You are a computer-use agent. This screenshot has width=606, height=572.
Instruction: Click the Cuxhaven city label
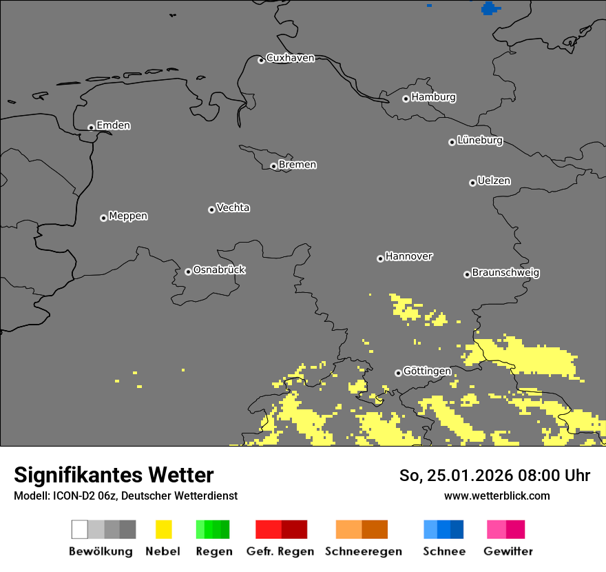pyautogui.click(x=290, y=58)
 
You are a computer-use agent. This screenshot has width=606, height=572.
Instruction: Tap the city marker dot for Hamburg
pyautogui.click(x=406, y=99)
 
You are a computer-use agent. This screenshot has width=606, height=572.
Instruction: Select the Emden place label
pyautogui.click(x=113, y=125)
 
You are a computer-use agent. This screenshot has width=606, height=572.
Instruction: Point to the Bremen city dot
pyautogui.click(x=273, y=166)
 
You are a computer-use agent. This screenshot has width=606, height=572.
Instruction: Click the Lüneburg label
pyautogui.click(x=480, y=141)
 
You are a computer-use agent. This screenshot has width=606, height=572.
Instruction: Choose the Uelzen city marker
pyautogui.click(x=472, y=183)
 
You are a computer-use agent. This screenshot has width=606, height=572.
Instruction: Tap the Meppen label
pyautogui.click(x=128, y=216)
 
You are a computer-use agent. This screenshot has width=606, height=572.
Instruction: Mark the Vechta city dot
pyautogui.click(x=211, y=210)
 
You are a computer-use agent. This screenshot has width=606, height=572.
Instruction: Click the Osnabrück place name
pyautogui.click(x=219, y=270)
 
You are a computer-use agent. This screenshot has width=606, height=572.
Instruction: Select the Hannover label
pyautogui.click(x=409, y=256)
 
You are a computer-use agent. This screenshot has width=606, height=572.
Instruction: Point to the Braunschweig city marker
pyautogui.click(x=467, y=274)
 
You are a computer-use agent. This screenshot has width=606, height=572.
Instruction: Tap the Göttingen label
pyautogui.click(x=427, y=371)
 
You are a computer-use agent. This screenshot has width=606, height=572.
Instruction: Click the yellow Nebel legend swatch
pyautogui.click(x=163, y=529)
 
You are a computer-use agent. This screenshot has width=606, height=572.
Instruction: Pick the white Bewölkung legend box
pyautogui.click(x=80, y=529)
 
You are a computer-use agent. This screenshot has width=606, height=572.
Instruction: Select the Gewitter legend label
pyautogui.click(x=508, y=551)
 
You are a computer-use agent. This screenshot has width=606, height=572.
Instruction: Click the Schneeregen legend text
pyautogui.click(x=364, y=551)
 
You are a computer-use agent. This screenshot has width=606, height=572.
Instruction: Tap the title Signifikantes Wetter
pyautogui.click(x=114, y=475)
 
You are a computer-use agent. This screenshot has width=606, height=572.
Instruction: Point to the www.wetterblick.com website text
pyautogui.click(x=497, y=496)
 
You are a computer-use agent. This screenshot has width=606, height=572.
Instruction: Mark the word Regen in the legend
pyautogui.click(x=214, y=551)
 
